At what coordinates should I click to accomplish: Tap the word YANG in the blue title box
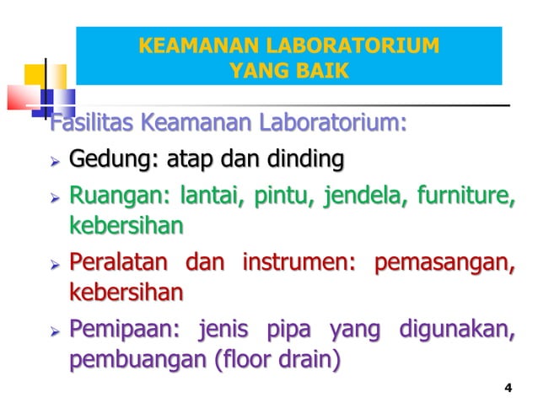coord(257,70)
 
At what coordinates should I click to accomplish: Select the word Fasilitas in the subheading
coord(92,126)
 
